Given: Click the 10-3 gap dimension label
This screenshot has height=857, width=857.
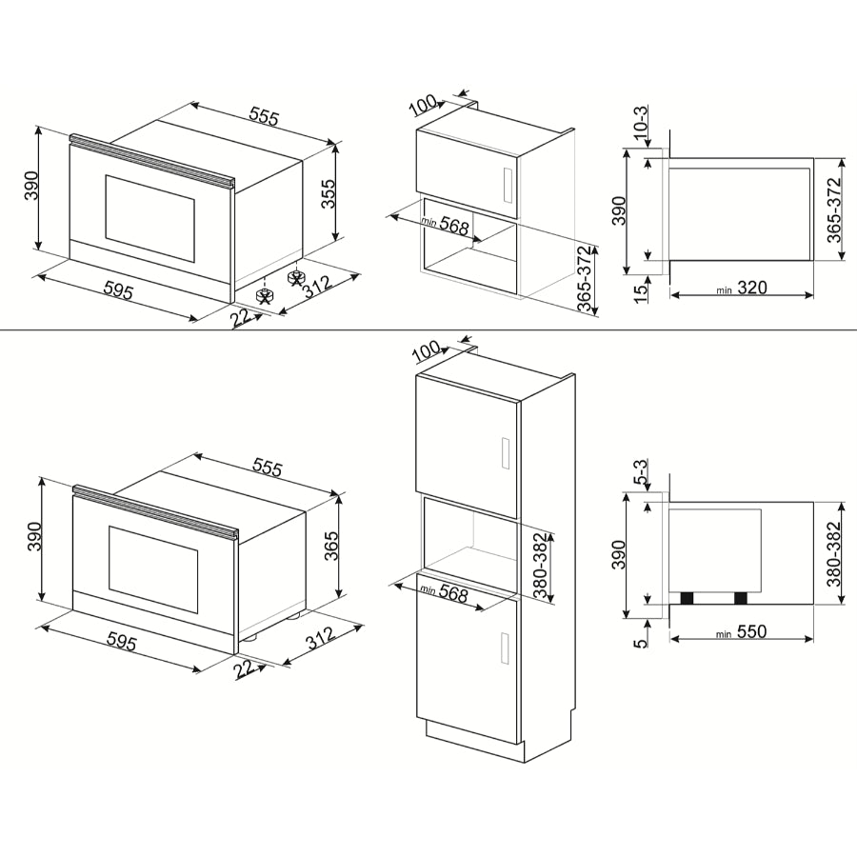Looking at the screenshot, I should [640, 121].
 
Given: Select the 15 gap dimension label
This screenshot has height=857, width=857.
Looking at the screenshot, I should [640, 288].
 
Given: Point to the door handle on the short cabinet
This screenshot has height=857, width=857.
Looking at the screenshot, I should [507, 183].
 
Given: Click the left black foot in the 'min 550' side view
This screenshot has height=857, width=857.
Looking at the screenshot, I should [686, 598].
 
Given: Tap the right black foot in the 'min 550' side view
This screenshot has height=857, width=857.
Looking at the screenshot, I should [740, 598].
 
